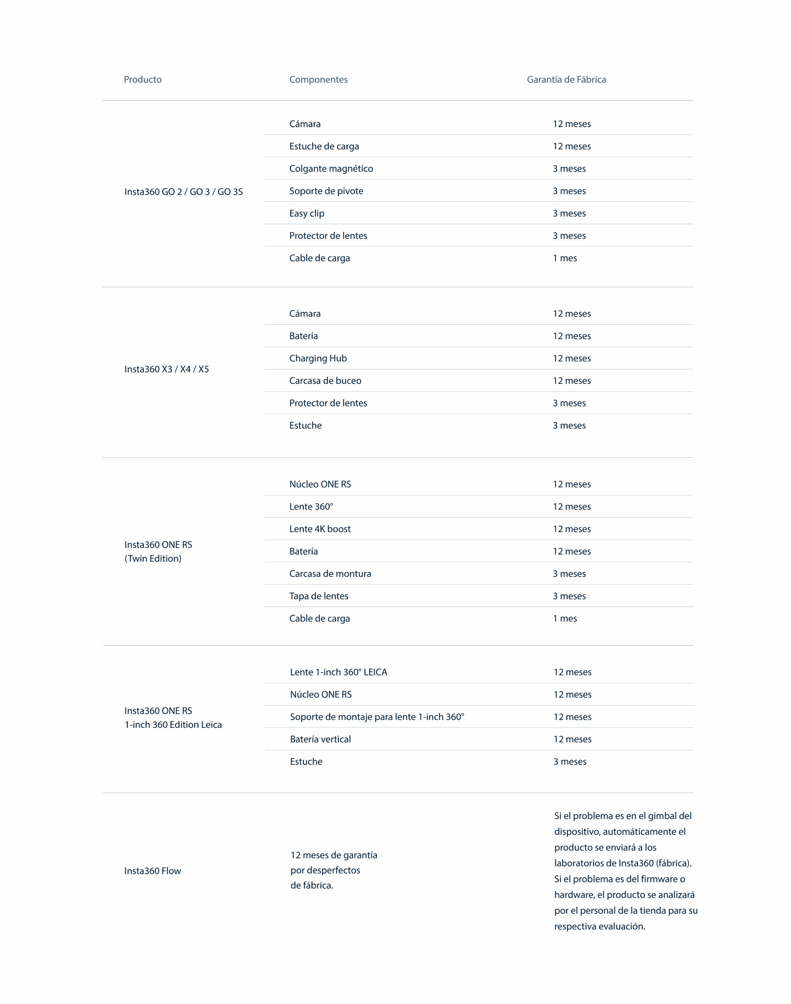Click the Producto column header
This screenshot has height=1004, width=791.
pos(143,80)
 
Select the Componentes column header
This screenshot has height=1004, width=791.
pos(318,80)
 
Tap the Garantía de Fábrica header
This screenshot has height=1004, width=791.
pos(566,80)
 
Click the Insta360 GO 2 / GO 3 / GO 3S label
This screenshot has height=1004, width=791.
pos(183,192)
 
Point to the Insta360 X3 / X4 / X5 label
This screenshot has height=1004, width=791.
pos(166,369)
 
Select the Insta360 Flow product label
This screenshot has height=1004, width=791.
pos(152,871)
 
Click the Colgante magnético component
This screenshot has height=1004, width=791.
pos(331,169)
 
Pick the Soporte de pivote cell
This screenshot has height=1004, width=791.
pos(326,191)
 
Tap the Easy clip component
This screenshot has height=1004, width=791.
pos(307,214)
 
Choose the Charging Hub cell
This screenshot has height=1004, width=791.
pos(318,358)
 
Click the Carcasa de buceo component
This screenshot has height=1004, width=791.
pos(325,381)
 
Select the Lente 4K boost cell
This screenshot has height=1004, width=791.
pos(319,529)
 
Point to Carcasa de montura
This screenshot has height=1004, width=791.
pos(330,574)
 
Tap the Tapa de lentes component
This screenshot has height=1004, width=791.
pos(319,596)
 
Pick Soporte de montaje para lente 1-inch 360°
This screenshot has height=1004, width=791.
pos(377,717)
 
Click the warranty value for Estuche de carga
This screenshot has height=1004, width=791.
pos(571,146)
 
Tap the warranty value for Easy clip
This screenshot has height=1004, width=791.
pos(569,214)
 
